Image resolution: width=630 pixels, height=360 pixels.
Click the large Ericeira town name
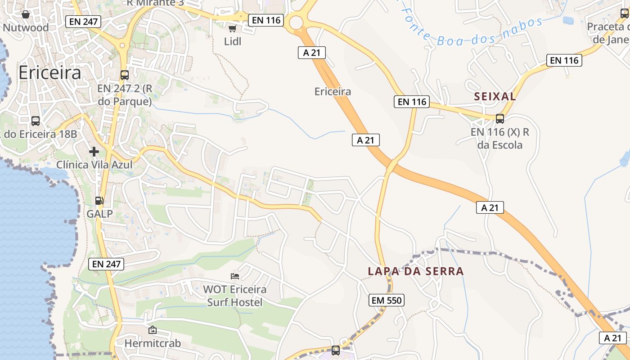[x=50, y=73]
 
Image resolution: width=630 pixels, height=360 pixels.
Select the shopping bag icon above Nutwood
[x=26, y=14]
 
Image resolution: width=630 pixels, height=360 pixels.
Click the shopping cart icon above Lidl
[x=232, y=29]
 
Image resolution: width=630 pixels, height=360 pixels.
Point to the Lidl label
[x=233, y=41]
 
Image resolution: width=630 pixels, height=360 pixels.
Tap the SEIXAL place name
[x=495, y=96]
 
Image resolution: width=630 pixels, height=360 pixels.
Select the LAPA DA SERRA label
[x=415, y=271]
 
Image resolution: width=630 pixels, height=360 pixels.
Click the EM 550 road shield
[x=387, y=300]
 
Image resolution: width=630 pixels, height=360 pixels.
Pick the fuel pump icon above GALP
[x=99, y=201]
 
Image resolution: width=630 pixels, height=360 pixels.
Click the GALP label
[x=99, y=214]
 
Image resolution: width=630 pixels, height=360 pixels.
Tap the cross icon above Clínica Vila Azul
[x=94, y=152]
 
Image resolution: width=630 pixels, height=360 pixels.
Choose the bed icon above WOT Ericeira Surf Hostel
[x=235, y=276]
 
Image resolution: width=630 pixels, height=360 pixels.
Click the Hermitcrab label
[x=153, y=343]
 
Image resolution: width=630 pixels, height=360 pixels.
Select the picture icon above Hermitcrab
[x=153, y=330]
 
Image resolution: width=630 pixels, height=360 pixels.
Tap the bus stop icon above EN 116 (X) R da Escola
[x=499, y=119]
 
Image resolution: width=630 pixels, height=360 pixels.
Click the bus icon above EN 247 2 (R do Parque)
[x=125, y=75]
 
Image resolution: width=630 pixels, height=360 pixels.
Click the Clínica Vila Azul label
[x=94, y=165]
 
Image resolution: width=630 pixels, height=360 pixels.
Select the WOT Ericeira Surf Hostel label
[x=234, y=296]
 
